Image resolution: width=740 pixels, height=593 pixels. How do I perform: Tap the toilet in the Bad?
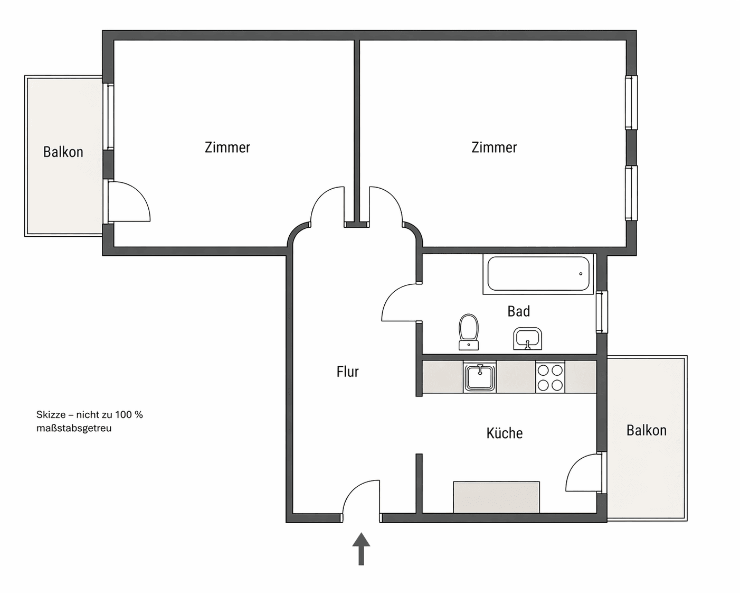click(469, 332)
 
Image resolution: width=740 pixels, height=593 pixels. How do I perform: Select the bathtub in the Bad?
click(538, 274)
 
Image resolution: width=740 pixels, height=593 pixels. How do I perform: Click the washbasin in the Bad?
click(527, 338)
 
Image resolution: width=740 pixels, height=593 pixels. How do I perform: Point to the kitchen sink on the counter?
click(480, 377)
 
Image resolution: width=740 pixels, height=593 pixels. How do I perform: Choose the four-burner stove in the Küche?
click(550, 377)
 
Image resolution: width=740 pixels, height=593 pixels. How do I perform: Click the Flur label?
click(347, 372)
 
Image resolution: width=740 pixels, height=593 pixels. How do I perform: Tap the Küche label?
click(505, 433)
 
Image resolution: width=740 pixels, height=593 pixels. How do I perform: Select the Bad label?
click(518, 311)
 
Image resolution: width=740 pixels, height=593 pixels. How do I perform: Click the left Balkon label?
click(63, 152)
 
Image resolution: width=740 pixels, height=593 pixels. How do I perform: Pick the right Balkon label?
click(647, 430)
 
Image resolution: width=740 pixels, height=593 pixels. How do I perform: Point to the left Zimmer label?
click(227, 147)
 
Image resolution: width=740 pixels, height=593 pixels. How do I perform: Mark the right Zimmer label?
click(494, 147)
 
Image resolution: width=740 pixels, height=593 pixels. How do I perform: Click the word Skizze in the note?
click(49, 414)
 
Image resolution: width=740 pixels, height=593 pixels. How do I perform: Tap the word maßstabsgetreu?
click(74, 429)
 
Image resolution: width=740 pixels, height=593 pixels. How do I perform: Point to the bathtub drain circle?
click(581, 274)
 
